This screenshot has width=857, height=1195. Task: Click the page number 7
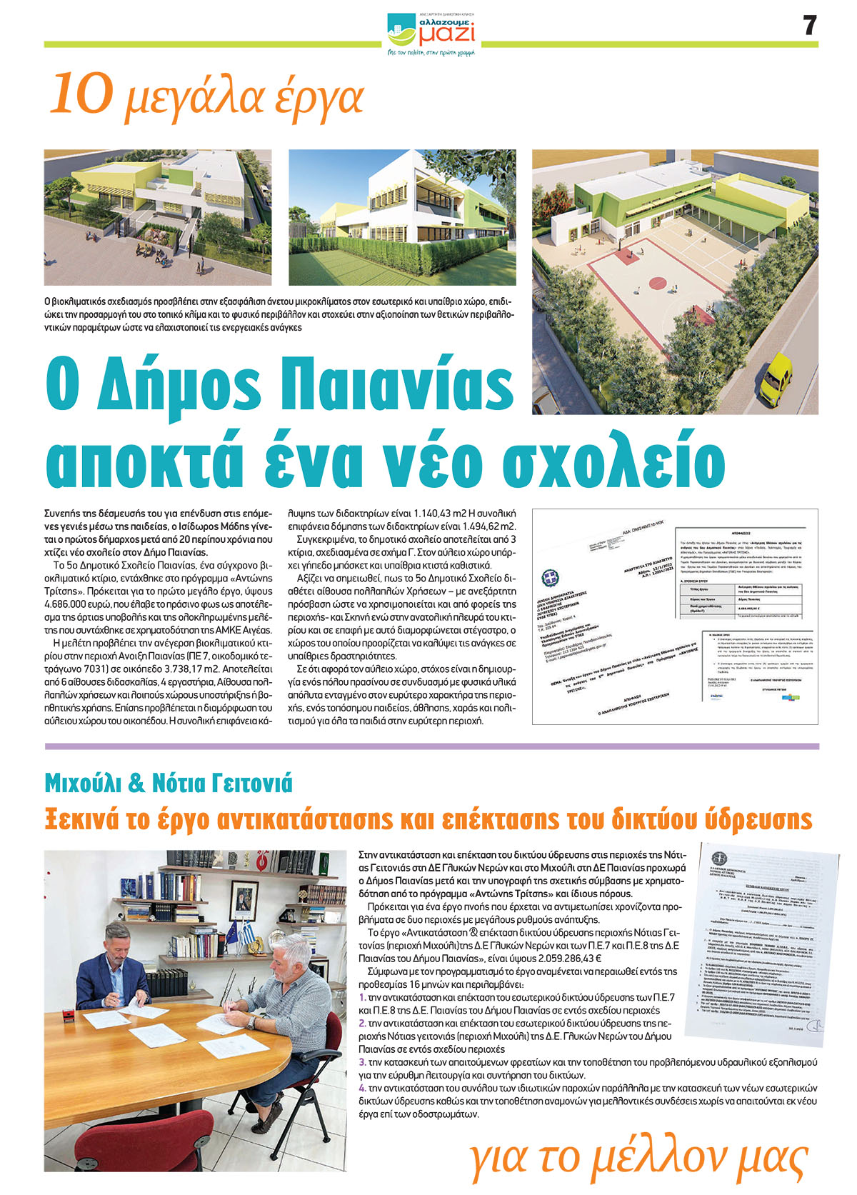click(x=808, y=26)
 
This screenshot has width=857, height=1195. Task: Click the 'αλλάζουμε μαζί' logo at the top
click(x=431, y=33)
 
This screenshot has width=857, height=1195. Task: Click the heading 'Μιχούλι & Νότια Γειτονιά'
click(x=169, y=784)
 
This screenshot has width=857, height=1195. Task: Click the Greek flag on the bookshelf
click(x=248, y=933)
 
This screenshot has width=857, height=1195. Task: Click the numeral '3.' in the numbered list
click(x=362, y=1063)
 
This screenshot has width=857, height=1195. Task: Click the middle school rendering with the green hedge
click(x=402, y=217)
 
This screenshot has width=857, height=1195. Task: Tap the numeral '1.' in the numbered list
click(x=362, y=997)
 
